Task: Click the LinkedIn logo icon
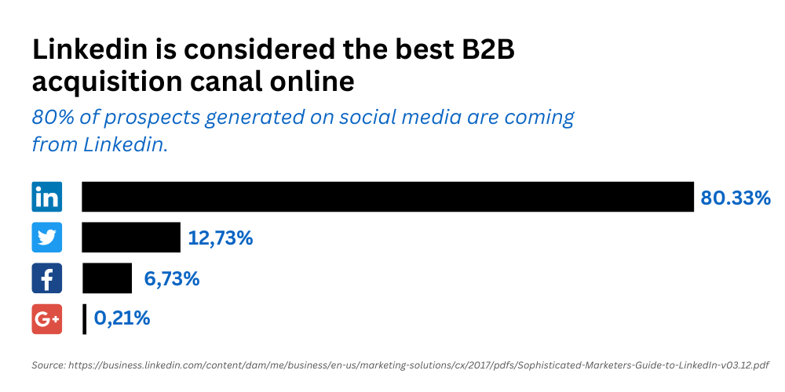click(47, 197)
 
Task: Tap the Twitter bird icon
click(47, 237)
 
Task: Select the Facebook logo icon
click(47, 278)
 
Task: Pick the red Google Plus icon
click(47, 319)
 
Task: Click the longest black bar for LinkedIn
click(388, 197)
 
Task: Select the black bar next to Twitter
click(131, 237)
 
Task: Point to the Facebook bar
click(107, 278)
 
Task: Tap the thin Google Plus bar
click(85, 319)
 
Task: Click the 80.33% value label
click(736, 198)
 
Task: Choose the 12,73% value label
click(221, 238)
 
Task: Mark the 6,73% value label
click(172, 279)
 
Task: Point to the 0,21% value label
click(122, 318)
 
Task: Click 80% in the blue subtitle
click(52, 117)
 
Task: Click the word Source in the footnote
click(48, 365)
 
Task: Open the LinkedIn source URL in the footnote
click(418, 365)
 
